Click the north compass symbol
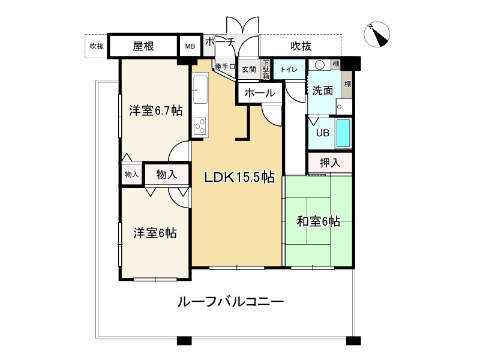click(377, 34)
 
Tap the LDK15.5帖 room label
click(239, 177)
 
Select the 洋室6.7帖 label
click(156, 110)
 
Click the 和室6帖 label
click(319, 221)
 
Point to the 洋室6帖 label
click(155, 233)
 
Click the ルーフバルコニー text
click(231, 302)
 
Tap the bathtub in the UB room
click(343, 133)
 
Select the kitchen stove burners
click(200, 126)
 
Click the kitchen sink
click(200, 89)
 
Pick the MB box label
click(190, 47)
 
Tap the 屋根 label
click(143, 46)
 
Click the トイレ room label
click(289, 70)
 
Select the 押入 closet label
click(330, 163)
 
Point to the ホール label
click(260, 93)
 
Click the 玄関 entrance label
click(249, 70)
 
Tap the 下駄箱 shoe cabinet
click(266, 70)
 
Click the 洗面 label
click(323, 91)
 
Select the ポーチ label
click(220, 42)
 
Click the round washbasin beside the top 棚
click(320, 65)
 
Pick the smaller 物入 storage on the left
click(132, 175)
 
